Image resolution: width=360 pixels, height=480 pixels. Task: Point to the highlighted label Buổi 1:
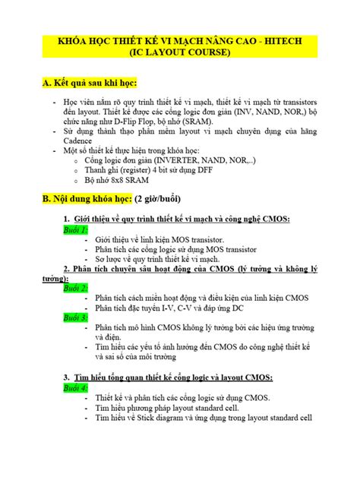coord(76,229)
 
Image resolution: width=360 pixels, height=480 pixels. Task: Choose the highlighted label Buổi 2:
coord(76,289)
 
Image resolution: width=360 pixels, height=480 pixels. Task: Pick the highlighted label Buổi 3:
coord(76,317)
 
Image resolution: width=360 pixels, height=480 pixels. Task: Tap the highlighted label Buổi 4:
coord(76,387)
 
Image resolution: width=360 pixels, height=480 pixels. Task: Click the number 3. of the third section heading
coord(68,377)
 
